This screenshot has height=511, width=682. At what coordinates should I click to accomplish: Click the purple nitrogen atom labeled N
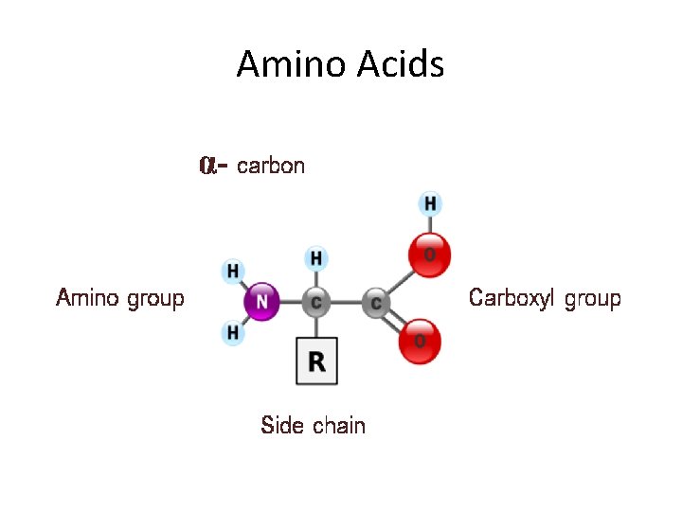[262, 303]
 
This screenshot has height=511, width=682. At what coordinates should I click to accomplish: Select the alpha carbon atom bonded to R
[316, 303]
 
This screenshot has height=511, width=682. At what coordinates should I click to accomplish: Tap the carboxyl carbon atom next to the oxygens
[376, 303]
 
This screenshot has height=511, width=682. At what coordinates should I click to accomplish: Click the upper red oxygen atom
[429, 254]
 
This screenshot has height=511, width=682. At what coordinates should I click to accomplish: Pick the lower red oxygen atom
[420, 341]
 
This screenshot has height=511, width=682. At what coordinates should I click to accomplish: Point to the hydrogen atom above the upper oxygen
[430, 203]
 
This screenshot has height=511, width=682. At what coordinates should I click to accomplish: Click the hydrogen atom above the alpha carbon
[316, 257]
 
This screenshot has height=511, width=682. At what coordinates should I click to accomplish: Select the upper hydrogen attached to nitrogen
[233, 272]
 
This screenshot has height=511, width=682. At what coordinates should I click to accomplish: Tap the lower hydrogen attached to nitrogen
[233, 332]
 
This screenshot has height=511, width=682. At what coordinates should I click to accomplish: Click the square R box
[316, 361]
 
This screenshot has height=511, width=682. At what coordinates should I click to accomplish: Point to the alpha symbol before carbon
[208, 166]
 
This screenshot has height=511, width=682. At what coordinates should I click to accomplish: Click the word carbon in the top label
[271, 167]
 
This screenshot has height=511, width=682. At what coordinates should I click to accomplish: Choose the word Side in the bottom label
[281, 426]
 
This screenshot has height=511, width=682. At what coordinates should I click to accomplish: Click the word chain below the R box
[338, 426]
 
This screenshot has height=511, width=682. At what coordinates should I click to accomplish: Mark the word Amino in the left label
[88, 299]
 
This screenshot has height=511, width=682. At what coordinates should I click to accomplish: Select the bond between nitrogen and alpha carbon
[290, 303]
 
